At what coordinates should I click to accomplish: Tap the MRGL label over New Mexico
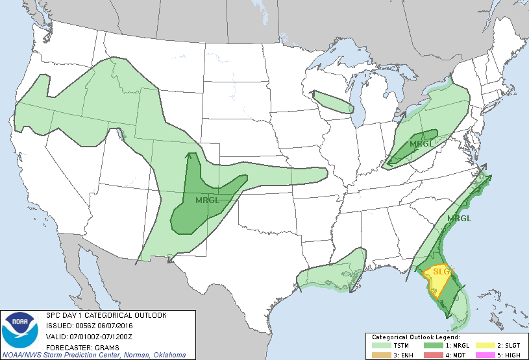click(x=207, y=200)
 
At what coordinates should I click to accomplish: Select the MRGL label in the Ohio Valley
click(x=420, y=143)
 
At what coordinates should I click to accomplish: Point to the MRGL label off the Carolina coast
click(x=459, y=218)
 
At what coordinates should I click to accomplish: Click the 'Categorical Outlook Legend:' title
click(x=415, y=338)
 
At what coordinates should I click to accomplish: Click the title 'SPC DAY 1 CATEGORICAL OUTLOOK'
click(x=106, y=315)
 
